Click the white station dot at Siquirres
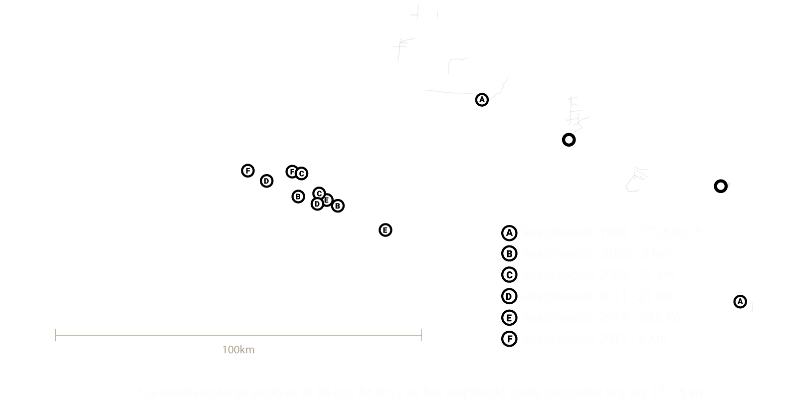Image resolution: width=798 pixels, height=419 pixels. [x=568, y=140]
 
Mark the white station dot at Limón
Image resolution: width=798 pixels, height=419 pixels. [x=720, y=187]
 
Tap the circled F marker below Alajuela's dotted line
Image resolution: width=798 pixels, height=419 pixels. [x=247, y=171]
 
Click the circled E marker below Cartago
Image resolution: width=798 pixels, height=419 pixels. [x=385, y=230]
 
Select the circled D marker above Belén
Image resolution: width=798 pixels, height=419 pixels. [x=267, y=181]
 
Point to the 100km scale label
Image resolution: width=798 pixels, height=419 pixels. [x=238, y=350]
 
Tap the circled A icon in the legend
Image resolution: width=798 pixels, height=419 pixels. [x=509, y=233]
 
